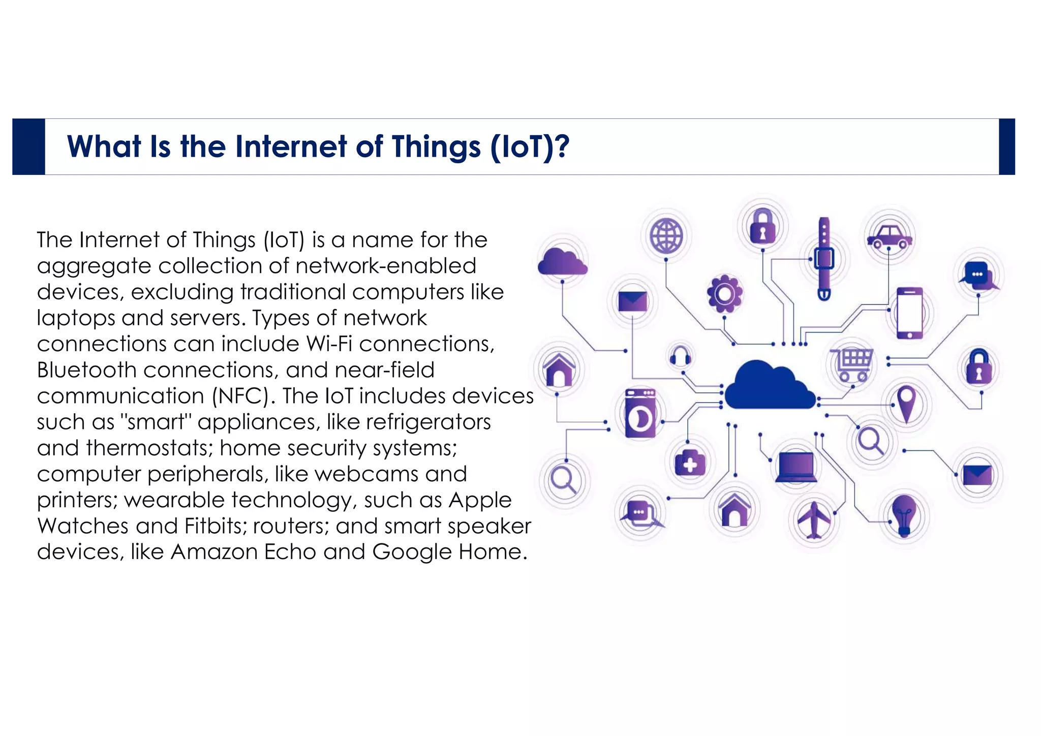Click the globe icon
tap(666, 236)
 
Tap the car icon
tap(889, 237)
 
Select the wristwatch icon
tap(824, 259)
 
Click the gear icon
tap(724, 294)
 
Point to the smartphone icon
tap(909, 313)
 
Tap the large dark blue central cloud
tap(769, 386)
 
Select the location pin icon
tap(906, 404)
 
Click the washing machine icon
tap(640, 413)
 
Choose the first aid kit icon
tap(690, 463)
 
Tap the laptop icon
tap(796, 467)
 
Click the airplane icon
tap(813, 519)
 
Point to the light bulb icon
tap(904, 515)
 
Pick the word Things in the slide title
tap(436, 147)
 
